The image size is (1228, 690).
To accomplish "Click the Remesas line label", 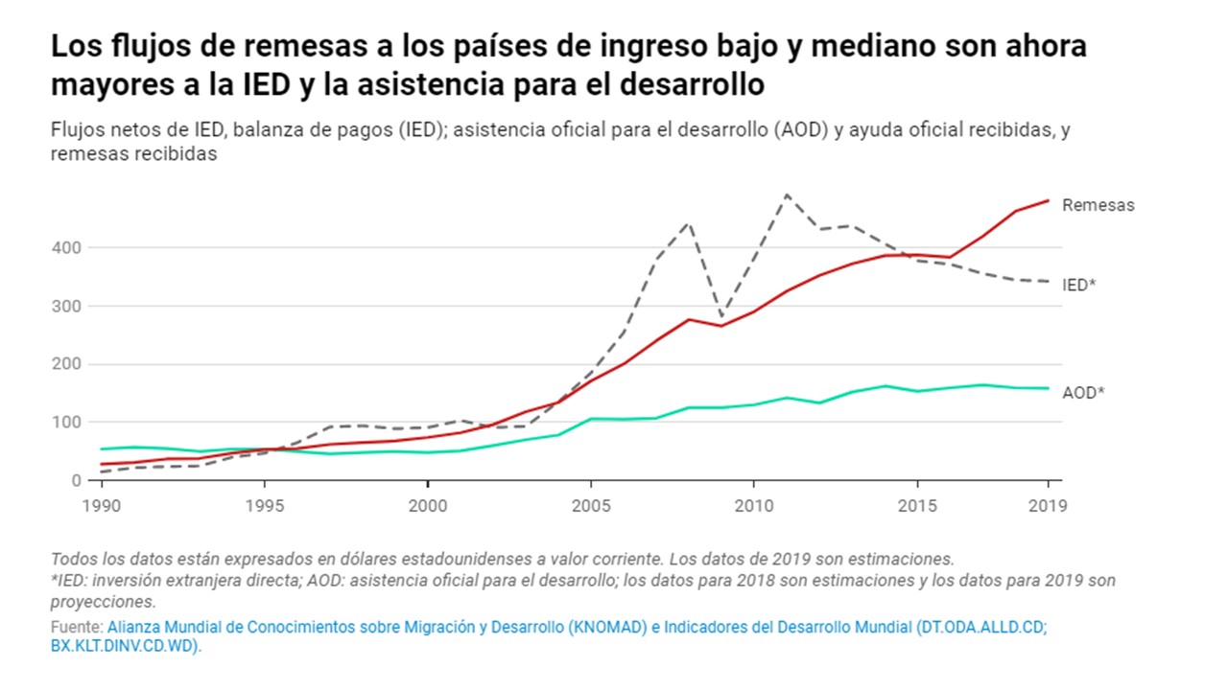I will pos(1098,205).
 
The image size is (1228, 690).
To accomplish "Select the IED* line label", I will pos(1078,285).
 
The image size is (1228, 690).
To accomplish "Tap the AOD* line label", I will pos(1083,393).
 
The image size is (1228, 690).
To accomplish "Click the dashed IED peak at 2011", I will pos(787,195).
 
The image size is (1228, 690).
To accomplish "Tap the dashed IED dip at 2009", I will pos(721,316).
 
